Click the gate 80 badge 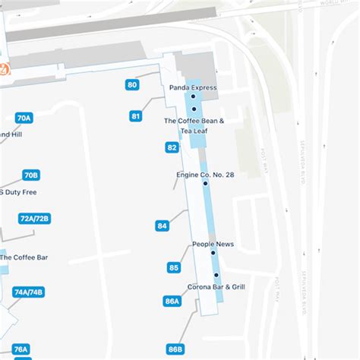[x=133, y=85]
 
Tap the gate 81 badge [x=136, y=116]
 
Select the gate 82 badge [x=172, y=147]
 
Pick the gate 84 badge [x=162, y=226]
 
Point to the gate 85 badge [x=174, y=267]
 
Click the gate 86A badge [x=172, y=302]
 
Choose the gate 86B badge [x=175, y=349]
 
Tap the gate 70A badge [x=24, y=118]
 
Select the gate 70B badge [x=31, y=175]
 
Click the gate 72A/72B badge [x=34, y=219]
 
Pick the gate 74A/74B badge [x=29, y=292]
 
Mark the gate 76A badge [x=21, y=349]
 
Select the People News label [x=213, y=244]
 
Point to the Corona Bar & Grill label [x=216, y=287]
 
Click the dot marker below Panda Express [x=194, y=97]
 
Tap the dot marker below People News [x=213, y=253]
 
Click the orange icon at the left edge [x=5, y=70]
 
